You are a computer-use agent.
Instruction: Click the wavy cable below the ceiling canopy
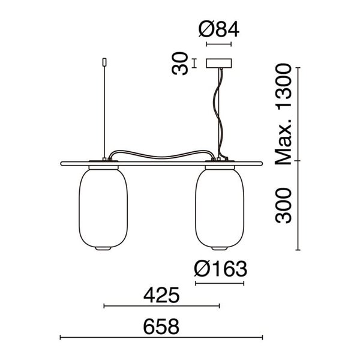[x=217, y=114]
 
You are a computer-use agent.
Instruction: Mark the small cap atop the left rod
[x=104, y=61]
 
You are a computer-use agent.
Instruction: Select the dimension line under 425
[x=162, y=306]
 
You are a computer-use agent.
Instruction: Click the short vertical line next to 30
[x=195, y=62]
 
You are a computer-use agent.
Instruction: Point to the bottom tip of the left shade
[x=104, y=249]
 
